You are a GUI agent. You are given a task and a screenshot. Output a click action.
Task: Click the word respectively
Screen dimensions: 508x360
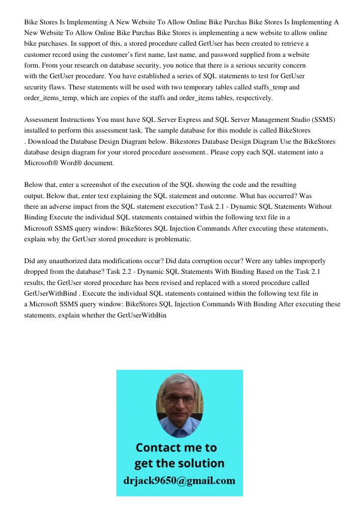pyautogui.click(x=253, y=98)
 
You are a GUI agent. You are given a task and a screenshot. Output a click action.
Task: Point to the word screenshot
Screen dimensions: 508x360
pyautogui.click(x=95, y=185)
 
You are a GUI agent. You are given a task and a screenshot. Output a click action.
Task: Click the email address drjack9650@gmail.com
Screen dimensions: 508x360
pyautogui.click(x=179, y=481)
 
